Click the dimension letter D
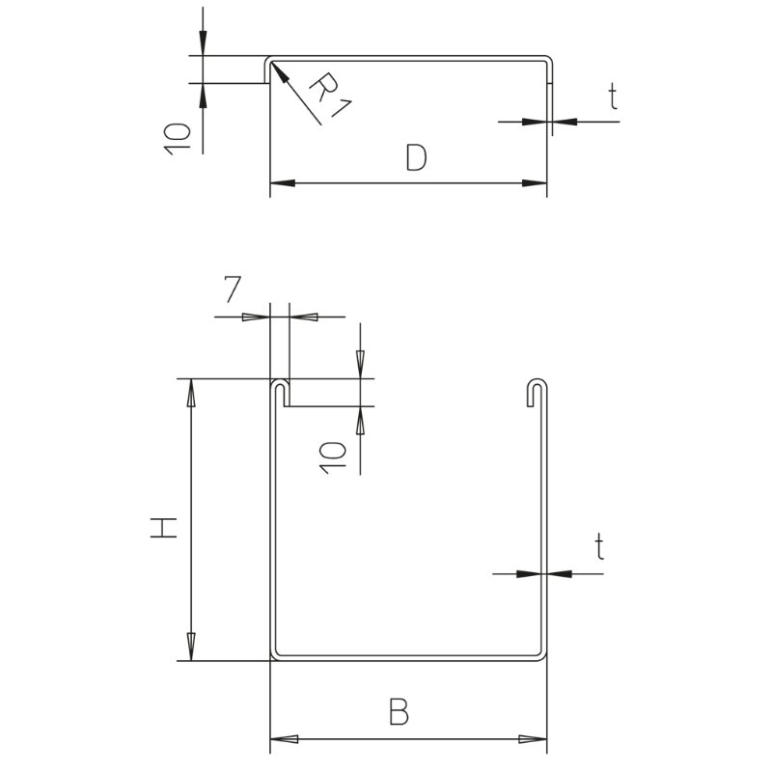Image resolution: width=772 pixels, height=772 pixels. click(417, 157)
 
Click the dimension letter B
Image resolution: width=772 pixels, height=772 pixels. click(399, 711)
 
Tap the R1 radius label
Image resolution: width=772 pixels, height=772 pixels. click(331, 95)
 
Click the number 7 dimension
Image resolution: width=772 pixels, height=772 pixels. click(233, 289)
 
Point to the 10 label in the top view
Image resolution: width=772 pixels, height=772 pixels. click(178, 139)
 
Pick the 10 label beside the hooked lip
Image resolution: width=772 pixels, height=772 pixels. click(333, 457)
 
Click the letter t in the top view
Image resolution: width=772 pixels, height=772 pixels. click(612, 96)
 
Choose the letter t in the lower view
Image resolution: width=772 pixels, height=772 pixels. click(598, 547)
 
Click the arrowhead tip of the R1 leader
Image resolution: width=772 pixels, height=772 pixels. click(270, 62)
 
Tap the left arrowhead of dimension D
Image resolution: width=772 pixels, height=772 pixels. click(283, 183)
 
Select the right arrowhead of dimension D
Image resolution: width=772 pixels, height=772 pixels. click(535, 183)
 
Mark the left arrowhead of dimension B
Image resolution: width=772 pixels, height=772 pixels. click(284, 739)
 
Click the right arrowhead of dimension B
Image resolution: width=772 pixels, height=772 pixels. click(534, 739)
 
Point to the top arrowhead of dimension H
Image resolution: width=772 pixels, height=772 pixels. click(191, 393)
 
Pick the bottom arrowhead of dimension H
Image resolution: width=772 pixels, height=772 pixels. click(191, 647)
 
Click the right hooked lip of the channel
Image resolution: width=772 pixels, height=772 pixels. click(538, 393)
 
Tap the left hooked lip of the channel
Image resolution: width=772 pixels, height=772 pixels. click(280, 393)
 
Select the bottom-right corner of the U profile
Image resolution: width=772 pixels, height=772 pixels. click(545, 659)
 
